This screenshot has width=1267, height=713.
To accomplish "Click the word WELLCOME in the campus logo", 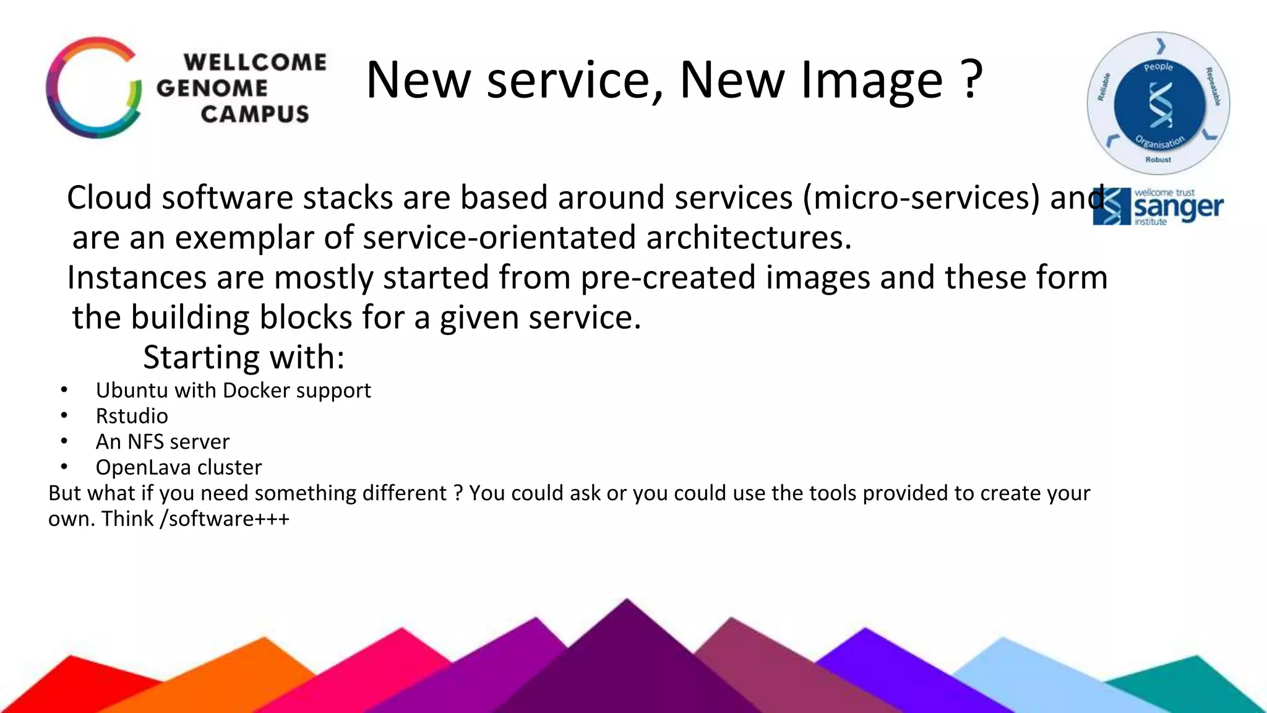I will [x=254, y=62].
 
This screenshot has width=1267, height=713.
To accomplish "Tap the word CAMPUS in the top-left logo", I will [x=254, y=114].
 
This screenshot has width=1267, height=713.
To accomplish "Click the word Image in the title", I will [x=872, y=80].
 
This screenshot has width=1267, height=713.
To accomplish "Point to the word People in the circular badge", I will [x=1158, y=67].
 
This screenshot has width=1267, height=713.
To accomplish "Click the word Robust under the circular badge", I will [x=1158, y=160].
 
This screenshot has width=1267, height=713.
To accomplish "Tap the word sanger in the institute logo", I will [x=1179, y=207].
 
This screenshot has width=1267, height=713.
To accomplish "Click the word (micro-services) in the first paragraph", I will [x=921, y=198].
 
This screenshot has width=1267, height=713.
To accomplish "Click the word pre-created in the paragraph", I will [x=668, y=277].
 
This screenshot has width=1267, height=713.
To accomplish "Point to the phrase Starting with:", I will [x=244, y=357].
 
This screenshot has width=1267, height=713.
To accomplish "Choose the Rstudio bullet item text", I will [x=132, y=416].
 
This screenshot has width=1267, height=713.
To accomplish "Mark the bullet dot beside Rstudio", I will [x=64, y=416].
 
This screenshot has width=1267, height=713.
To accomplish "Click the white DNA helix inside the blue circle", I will [x=1160, y=105].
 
